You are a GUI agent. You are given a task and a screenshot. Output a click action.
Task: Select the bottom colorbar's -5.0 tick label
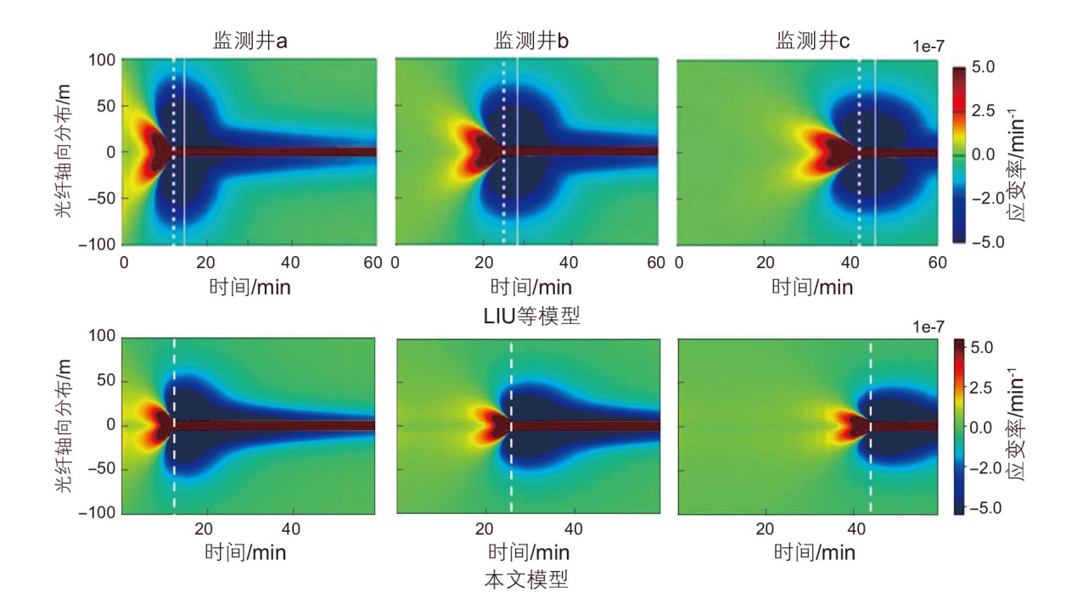pos(987,508)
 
